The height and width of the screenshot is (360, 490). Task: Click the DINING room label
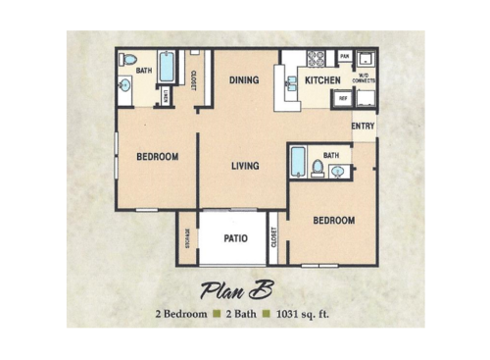click(x=243, y=80)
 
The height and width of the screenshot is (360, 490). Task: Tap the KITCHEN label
click(x=322, y=80)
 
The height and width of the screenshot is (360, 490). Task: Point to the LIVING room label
click(x=245, y=166)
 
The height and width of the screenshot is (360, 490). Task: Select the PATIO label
click(x=234, y=238)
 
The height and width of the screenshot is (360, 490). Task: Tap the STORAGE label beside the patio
click(x=187, y=238)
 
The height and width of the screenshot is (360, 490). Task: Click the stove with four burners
click(x=318, y=58)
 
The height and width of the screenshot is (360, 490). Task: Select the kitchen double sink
click(x=291, y=82)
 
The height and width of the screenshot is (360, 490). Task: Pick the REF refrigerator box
click(x=343, y=98)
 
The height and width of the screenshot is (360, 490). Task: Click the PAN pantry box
click(x=345, y=57)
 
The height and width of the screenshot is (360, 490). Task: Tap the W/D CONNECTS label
click(x=365, y=78)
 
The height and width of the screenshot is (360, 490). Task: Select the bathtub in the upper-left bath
click(x=166, y=67)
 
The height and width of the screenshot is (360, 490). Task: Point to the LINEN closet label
click(x=166, y=96)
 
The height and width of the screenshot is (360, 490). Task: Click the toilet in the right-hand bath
click(x=318, y=168)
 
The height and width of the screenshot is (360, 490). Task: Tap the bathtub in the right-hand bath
click(x=297, y=162)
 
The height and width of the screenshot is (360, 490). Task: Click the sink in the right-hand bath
click(x=338, y=172)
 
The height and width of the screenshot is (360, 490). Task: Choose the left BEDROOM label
click(x=157, y=157)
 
